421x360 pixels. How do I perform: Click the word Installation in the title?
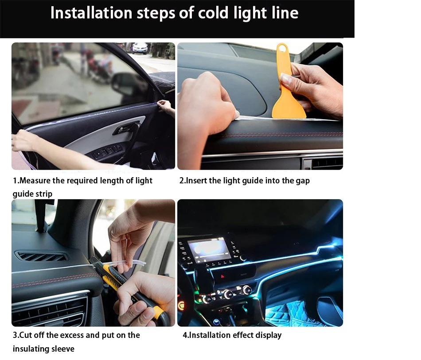pyautogui.click(x=91, y=12)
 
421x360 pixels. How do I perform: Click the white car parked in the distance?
pyautogui.click(x=140, y=48)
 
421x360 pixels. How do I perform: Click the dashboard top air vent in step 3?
pyautogui.click(x=41, y=257)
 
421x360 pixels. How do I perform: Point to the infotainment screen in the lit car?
pyautogui.click(x=210, y=250)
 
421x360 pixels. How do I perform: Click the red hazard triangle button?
pyautogui.click(x=222, y=276)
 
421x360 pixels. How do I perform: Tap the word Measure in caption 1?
pyautogui.click(x=35, y=181)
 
